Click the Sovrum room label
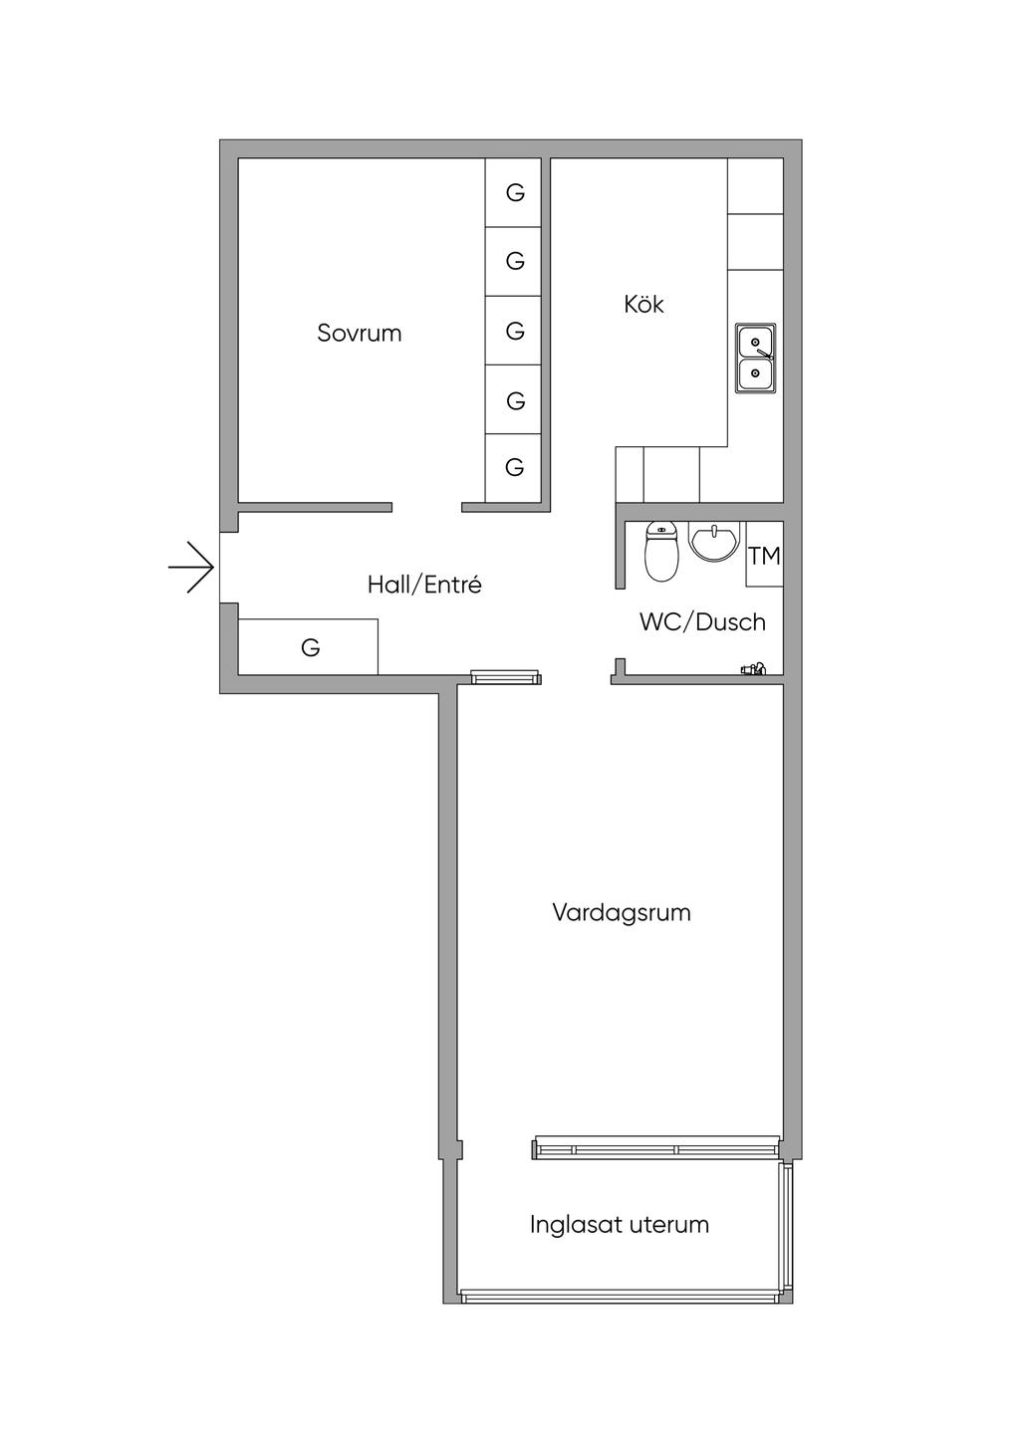[x=360, y=333]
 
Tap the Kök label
[x=643, y=304]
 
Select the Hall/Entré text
[x=424, y=585]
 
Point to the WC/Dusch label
[x=702, y=621]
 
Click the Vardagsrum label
[x=622, y=912]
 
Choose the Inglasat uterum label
[x=619, y=1224]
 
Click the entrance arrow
[x=190, y=568]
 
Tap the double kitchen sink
[x=756, y=359]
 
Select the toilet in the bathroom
[x=661, y=552]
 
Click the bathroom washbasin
[x=713, y=541]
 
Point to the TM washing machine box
[x=765, y=555]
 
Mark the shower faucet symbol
[x=753, y=669]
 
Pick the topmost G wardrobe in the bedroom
[x=513, y=192]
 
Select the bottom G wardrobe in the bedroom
[x=513, y=468]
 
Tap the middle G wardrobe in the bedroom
[x=513, y=331]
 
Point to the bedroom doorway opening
[x=427, y=507]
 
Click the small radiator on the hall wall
[x=506, y=676]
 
